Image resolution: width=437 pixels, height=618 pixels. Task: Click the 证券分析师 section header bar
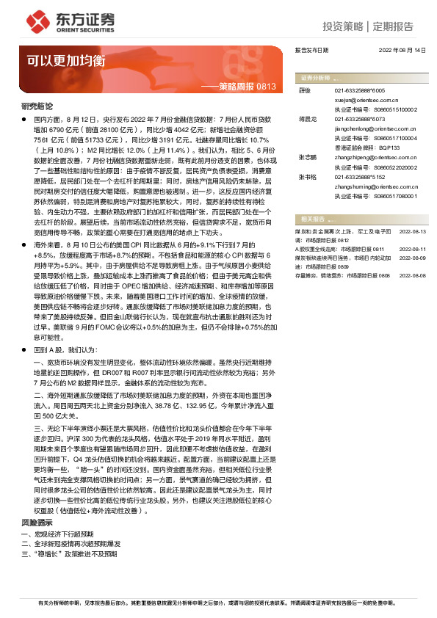pos(362,76)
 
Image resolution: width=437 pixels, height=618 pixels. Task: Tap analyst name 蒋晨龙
pos(307,118)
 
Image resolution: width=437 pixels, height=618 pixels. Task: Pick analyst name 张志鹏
pos(307,158)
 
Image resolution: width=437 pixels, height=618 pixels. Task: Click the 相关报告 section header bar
pos(362,218)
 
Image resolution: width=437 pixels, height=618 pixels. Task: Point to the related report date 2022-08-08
pos(412,275)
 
